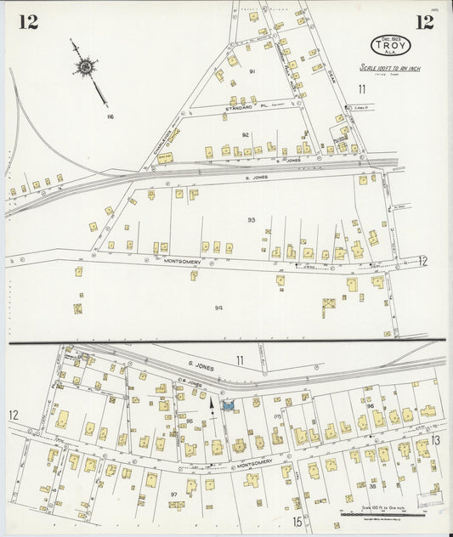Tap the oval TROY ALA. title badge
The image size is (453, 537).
[x=388, y=45]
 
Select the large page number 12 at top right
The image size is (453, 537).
[x=423, y=23]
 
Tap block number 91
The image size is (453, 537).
[x=252, y=71]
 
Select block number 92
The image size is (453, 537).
[x=245, y=134]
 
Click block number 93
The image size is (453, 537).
[x=252, y=219]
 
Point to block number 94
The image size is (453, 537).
[x=219, y=308]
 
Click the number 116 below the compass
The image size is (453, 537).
[x=109, y=116]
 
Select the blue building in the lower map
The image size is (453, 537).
[x=228, y=406]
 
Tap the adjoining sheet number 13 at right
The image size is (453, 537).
[x=434, y=439]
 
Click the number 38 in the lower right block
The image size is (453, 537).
[x=371, y=485]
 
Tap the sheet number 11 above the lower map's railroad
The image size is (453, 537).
[x=240, y=361]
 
